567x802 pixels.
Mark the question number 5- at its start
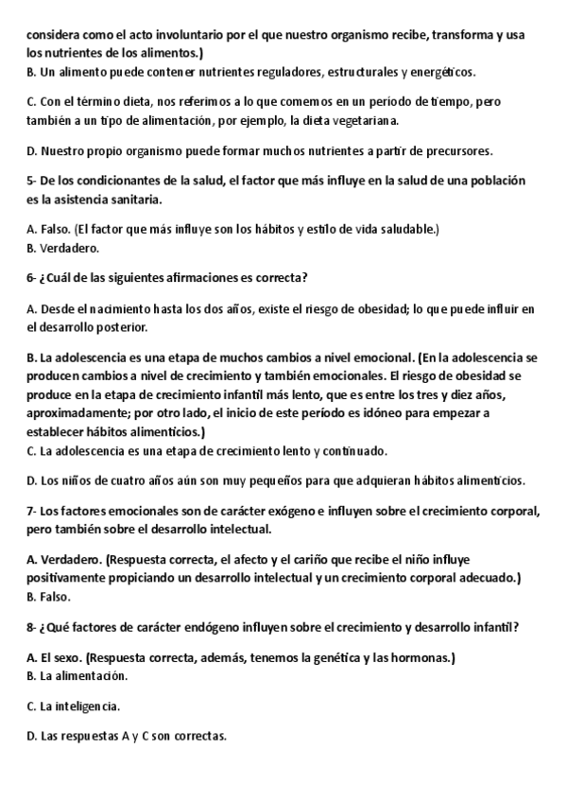pyautogui.click(x=32, y=181)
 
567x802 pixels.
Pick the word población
pyautogui.click(x=496, y=181)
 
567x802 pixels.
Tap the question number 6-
pyautogui.click(x=32, y=278)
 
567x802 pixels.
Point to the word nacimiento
pyautogui.click(x=120, y=308)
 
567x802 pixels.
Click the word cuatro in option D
pyautogui.click(x=117, y=480)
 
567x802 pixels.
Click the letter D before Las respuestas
pyautogui.click(x=32, y=736)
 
